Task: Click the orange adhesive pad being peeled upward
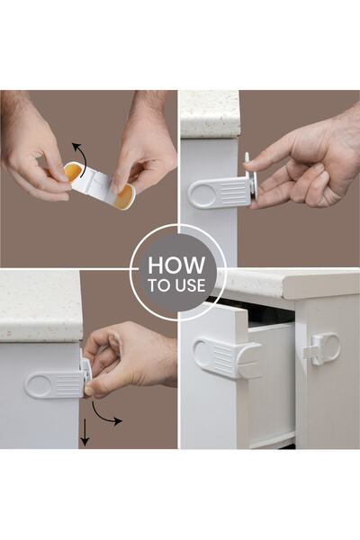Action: click(72, 172)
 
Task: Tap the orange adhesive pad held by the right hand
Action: click(123, 197)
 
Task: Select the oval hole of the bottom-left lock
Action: click(39, 385)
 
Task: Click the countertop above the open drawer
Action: click(288, 283)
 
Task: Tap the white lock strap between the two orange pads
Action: click(96, 184)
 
